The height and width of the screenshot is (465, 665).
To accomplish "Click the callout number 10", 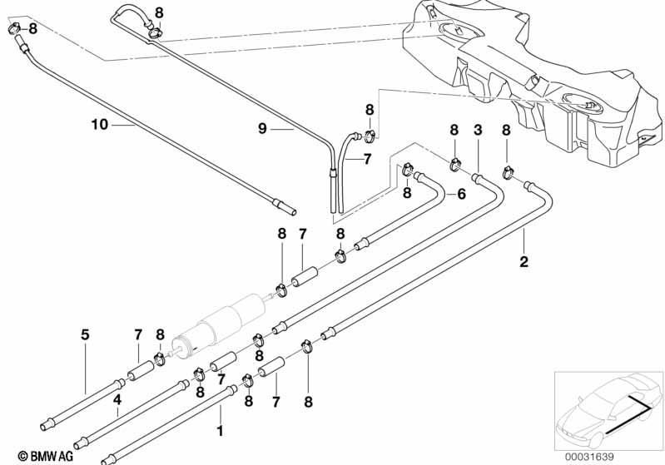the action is point(100,125).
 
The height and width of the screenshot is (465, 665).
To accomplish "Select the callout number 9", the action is point(262,128).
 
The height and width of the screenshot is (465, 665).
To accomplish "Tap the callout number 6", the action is point(461,194).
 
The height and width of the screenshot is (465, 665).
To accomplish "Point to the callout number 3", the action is point(478,130).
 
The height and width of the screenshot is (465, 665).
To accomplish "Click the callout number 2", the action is point(524,261).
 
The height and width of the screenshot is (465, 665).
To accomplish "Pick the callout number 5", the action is point(85,335).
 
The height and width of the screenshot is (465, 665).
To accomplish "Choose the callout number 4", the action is point(117,399).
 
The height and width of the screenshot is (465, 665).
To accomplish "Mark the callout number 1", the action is point(220,431).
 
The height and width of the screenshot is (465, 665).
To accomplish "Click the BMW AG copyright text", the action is point(46,456).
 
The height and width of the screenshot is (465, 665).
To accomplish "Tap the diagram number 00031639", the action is point(589,457).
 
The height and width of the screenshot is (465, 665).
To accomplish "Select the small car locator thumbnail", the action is point(608,411).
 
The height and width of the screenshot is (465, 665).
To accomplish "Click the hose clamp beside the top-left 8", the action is point(14,29).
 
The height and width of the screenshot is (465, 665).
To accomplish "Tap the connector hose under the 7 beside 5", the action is point(141,370).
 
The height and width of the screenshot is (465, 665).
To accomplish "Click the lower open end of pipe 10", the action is point(293,212).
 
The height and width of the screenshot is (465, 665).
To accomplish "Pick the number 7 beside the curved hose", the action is point(367,159).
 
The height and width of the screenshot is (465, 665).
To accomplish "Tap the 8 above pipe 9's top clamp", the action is point(159,12).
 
